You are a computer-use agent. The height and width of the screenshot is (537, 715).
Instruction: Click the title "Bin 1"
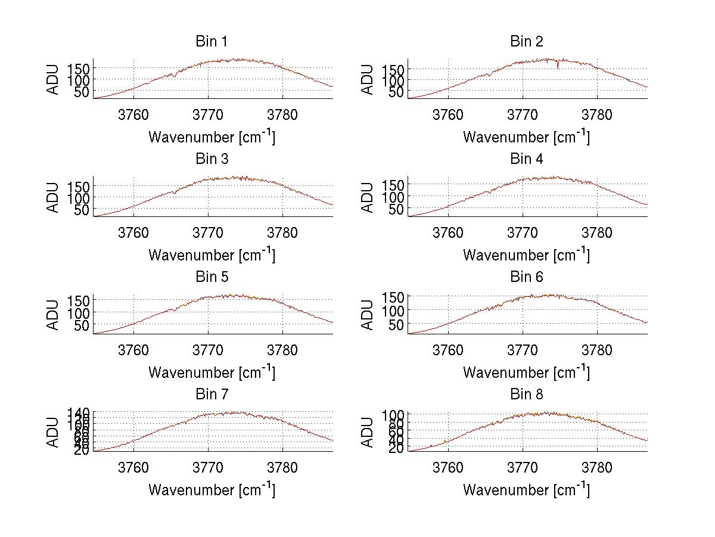coord(212,42)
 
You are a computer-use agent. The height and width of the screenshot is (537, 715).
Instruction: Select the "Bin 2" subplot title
coord(526,42)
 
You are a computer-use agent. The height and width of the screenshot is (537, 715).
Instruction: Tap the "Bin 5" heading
coord(212,277)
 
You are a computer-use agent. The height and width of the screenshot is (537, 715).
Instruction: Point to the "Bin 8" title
coord(526,395)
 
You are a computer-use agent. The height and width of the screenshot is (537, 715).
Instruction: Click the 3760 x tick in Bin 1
coord(133,114)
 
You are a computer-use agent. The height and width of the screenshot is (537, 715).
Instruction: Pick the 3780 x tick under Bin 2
coord(597,114)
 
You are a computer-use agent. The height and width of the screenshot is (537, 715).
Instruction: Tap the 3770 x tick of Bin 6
coord(523,350)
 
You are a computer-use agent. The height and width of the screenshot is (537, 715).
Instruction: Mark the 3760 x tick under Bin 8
coord(448,467)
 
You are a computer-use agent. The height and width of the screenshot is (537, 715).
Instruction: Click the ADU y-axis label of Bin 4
coord(368,197)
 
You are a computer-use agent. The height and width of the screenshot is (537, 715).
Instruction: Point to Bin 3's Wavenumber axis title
coord(212,254)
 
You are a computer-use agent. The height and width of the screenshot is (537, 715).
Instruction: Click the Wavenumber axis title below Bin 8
coord(526,489)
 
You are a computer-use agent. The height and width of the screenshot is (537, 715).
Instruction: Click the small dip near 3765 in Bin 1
coord(172,76)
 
